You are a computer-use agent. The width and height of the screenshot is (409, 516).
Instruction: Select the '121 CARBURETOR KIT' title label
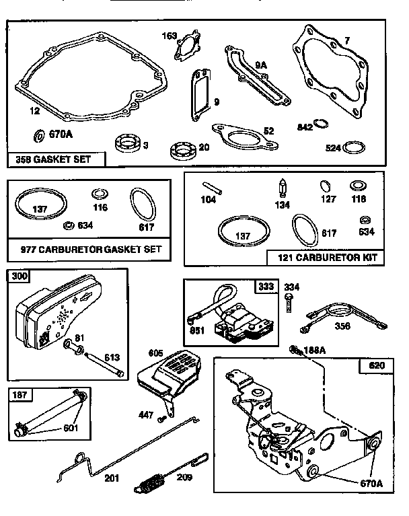[x=322, y=257]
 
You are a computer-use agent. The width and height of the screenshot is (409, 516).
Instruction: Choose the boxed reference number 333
[x=266, y=286]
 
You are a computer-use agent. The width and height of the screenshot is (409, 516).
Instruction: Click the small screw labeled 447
[x=161, y=419]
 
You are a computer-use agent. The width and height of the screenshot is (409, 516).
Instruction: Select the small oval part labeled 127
[x=324, y=185]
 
